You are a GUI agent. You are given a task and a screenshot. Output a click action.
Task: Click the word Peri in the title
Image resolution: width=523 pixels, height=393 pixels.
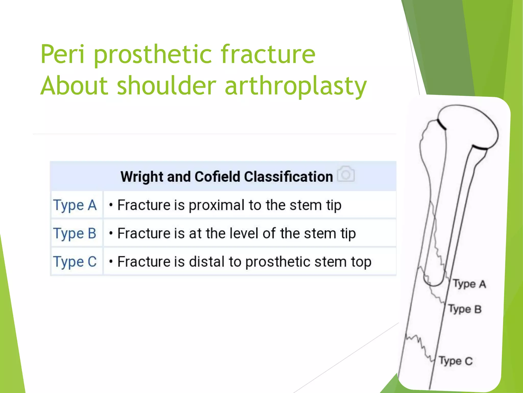pyautogui.click(x=63, y=54)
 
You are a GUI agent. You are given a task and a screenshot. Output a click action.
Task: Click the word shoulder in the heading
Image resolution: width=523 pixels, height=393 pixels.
pyautogui.click(x=167, y=86)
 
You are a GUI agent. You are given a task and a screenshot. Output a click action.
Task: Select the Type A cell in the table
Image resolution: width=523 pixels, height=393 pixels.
pyautogui.click(x=75, y=205)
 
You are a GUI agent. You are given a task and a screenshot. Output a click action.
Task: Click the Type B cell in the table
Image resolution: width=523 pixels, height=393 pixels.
pyautogui.click(x=75, y=233)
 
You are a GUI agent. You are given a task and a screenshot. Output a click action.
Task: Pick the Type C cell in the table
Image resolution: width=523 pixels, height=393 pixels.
pyautogui.click(x=75, y=262)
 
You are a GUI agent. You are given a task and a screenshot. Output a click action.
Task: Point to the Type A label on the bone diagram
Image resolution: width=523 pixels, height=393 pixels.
pyautogui.click(x=469, y=284)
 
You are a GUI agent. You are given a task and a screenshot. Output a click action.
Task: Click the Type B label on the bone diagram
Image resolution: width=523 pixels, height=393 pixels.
pyautogui.click(x=465, y=309)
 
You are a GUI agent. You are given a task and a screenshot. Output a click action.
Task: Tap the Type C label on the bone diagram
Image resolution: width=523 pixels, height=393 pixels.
pyautogui.click(x=456, y=361)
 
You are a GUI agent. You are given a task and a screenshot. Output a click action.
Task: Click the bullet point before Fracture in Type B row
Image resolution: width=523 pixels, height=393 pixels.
pyautogui.click(x=111, y=233)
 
